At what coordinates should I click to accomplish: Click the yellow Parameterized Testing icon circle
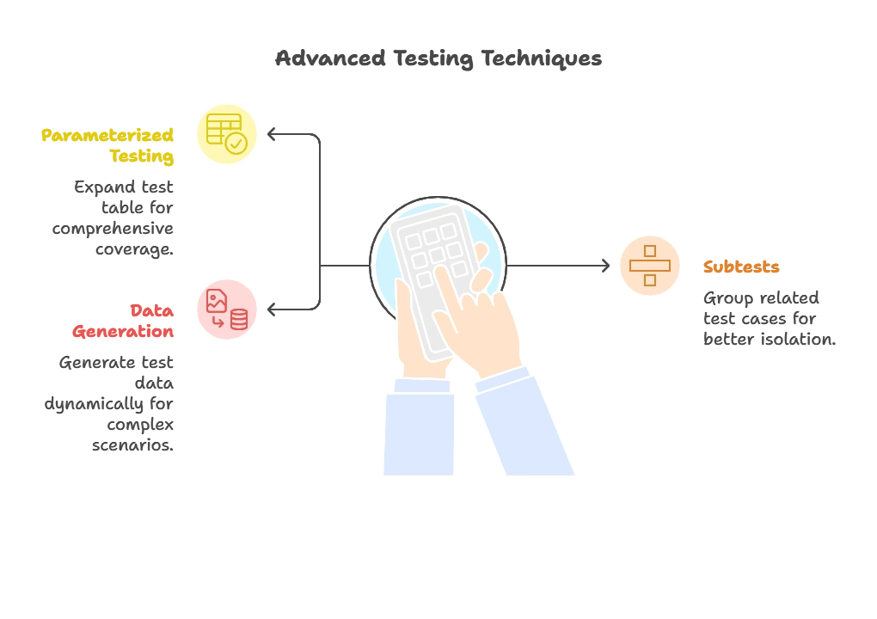point(227,133)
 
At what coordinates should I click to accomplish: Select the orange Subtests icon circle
point(650,265)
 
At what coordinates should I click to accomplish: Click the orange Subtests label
point(741,267)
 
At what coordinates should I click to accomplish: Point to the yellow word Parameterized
point(107,135)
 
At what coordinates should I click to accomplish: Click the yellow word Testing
point(142,156)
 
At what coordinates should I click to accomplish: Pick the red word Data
point(152,310)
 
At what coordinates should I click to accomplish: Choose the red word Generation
point(124,332)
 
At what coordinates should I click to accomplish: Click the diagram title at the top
point(438,59)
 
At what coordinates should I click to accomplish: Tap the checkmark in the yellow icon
point(236,144)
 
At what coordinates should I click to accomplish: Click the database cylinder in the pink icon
point(239,320)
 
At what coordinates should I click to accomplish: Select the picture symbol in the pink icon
point(217,300)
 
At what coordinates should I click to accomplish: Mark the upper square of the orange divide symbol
point(650,251)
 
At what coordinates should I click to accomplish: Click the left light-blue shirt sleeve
point(419,434)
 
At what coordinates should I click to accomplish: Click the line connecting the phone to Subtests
point(559,265)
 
